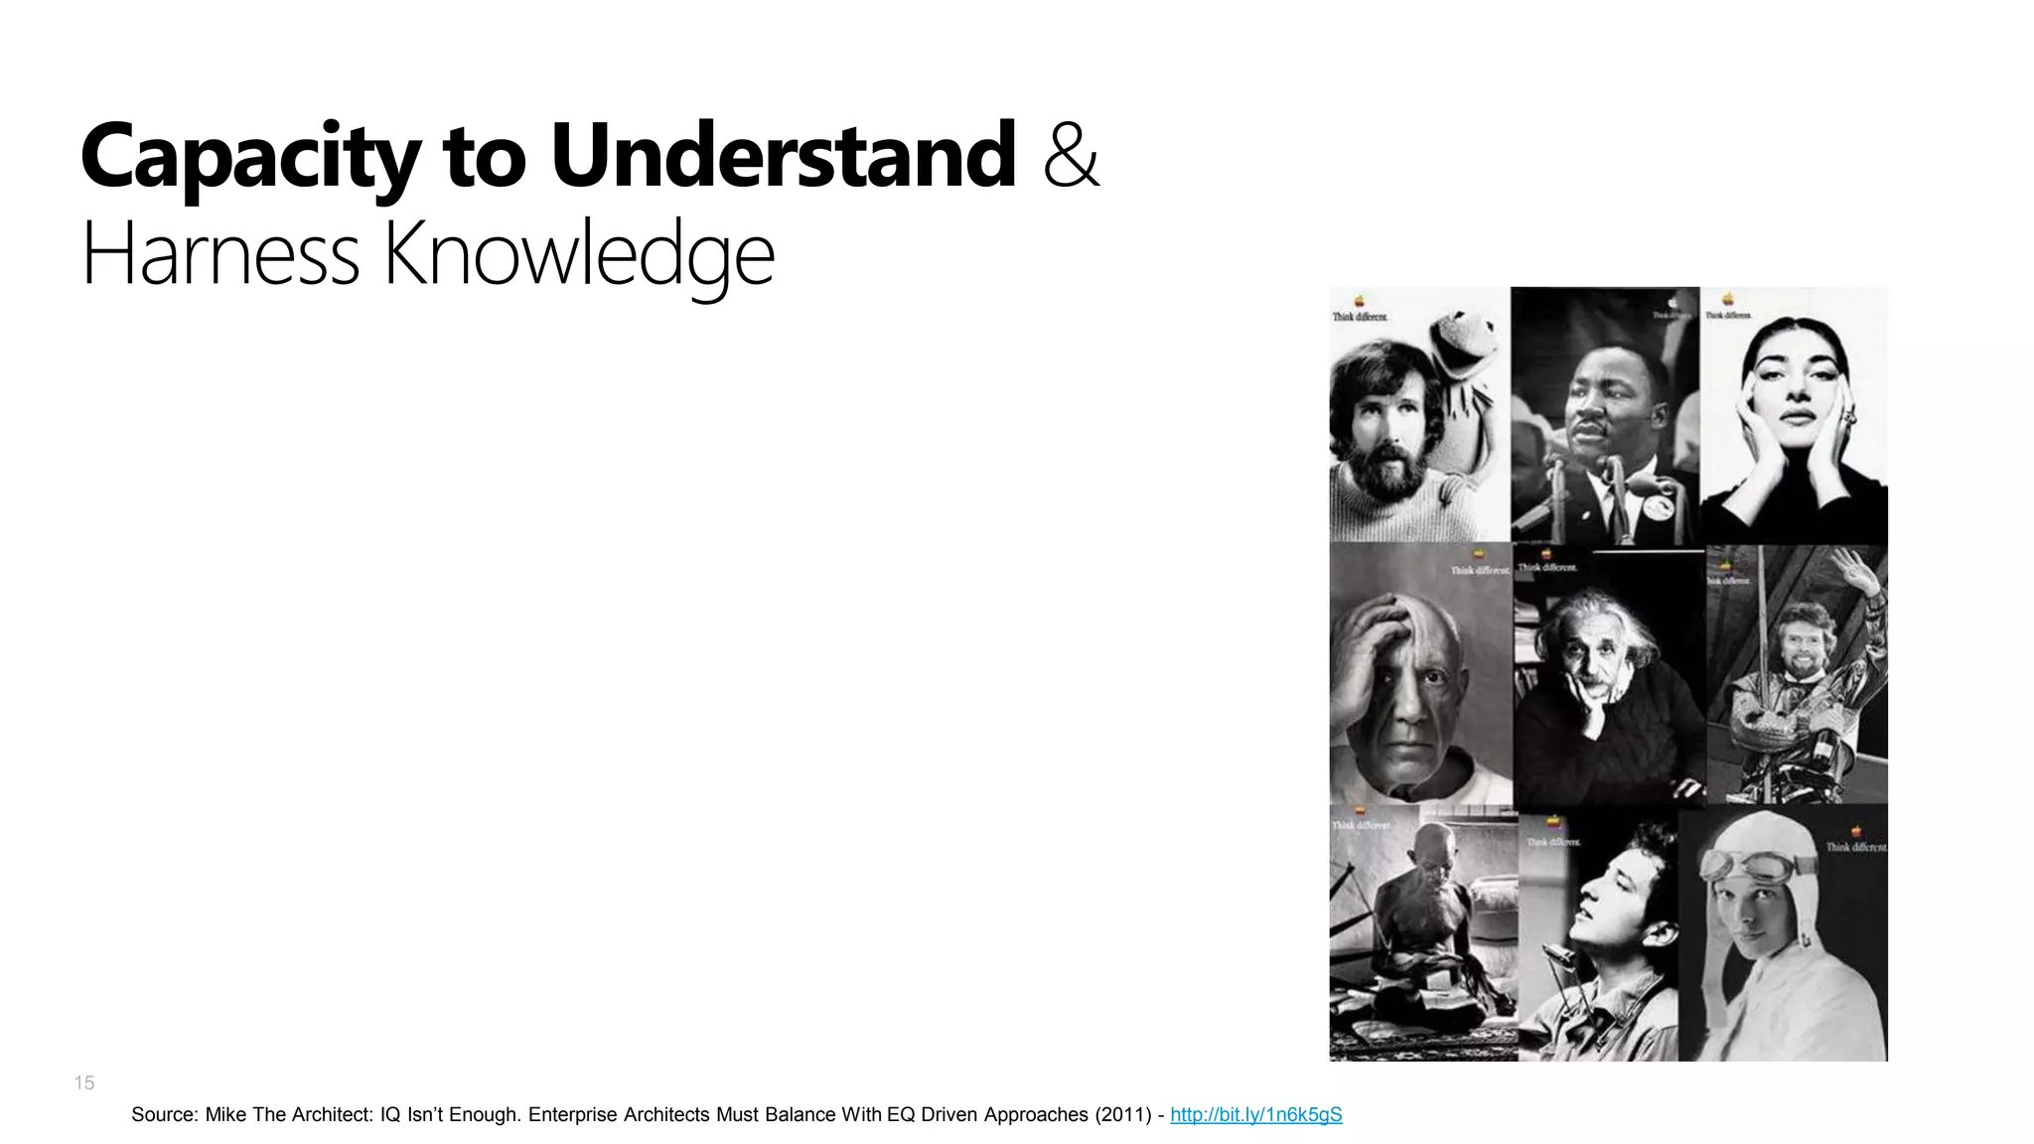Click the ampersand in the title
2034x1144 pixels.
(1072, 157)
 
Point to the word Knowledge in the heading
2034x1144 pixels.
(578, 255)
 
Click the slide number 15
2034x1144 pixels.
(84, 1083)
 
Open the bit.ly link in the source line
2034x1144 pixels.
(1255, 1115)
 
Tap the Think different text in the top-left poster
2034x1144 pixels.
(1360, 317)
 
